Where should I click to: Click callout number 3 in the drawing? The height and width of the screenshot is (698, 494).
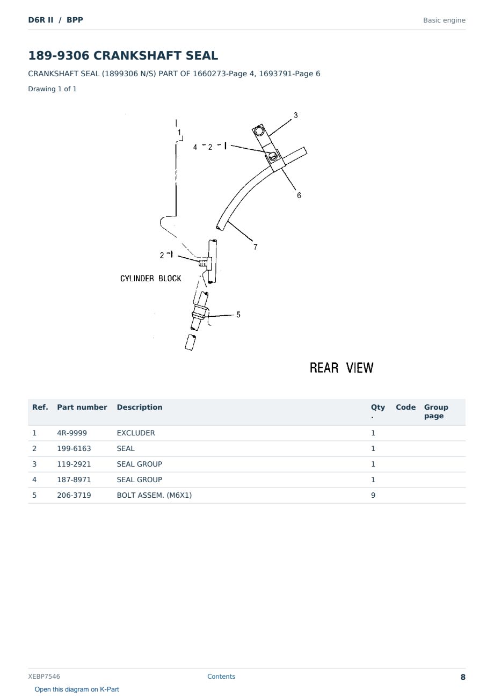click(x=295, y=115)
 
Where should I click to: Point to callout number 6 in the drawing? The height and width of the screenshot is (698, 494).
click(x=299, y=195)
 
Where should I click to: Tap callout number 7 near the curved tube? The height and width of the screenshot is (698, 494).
click(x=255, y=247)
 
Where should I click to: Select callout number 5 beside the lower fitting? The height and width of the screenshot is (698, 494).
click(x=238, y=315)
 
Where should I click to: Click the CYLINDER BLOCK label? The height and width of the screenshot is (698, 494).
click(x=150, y=278)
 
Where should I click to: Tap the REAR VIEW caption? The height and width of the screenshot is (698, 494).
click(x=342, y=368)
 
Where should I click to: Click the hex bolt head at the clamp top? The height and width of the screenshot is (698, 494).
click(x=258, y=130)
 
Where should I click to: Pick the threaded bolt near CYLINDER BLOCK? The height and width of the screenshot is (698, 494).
click(x=203, y=263)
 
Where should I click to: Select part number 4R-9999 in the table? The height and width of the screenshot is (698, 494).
click(x=72, y=433)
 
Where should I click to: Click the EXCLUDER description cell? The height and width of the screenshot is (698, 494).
click(x=135, y=433)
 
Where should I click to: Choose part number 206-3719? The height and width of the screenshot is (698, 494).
click(x=74, y=495)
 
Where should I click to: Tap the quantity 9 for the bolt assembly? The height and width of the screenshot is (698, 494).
click(x=373, y=495)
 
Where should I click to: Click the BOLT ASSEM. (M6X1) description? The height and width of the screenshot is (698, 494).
click(x=154, y=495)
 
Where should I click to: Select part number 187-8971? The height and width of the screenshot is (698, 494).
click(x=74, y=479)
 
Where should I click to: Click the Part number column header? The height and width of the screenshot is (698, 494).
click(x=82, y=407)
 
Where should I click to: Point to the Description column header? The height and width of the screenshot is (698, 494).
click(x=140, y=407)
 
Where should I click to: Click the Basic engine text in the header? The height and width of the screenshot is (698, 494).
click(x=444, y=20)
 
